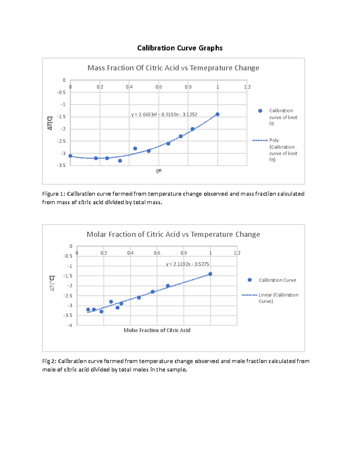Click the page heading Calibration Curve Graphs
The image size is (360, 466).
coord(180,48)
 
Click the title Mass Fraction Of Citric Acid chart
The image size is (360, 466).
coord(173,68)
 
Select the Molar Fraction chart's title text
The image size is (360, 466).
coord(173,234)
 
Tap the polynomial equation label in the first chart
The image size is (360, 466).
coord(164,114)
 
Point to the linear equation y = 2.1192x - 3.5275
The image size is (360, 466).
coord(187,264)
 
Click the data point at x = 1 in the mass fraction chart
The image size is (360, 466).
coord(217,114)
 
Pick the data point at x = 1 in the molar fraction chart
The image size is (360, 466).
coord(210,274)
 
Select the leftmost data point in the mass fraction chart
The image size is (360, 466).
coord(70,156)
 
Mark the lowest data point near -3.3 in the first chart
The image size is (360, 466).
coord(120,161)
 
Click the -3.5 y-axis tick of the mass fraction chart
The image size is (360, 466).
coord(61,165)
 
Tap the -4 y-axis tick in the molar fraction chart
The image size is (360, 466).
coord(70,325)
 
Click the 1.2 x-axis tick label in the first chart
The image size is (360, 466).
coord(247,87)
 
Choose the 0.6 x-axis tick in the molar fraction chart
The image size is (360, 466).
coord(157,253)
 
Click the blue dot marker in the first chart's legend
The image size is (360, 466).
coord(260,111)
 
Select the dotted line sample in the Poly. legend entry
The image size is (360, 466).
coord(260,140)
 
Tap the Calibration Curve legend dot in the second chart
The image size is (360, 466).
coord(250,280)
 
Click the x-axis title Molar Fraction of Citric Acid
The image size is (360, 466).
coord(157,330)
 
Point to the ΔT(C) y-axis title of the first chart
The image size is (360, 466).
coord(50,123)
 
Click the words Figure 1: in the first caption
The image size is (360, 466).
coord(53,194)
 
